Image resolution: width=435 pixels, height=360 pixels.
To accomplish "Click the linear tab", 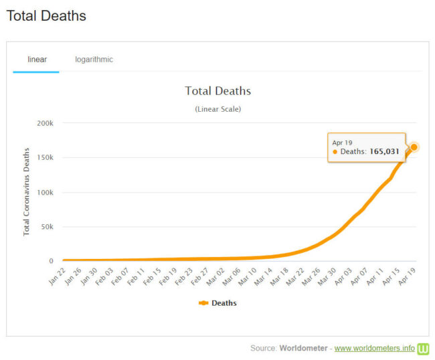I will point(36,60).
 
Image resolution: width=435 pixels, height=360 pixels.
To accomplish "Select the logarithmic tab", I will point(94,60).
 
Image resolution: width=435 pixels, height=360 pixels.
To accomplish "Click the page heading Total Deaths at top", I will point(46,15).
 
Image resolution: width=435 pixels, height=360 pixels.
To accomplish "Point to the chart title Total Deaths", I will point(217,91).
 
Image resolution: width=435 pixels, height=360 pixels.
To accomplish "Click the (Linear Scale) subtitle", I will point(217,108).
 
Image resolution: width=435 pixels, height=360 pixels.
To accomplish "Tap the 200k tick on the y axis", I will point(44,123).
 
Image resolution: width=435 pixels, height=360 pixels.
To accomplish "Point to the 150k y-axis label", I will point(44,158).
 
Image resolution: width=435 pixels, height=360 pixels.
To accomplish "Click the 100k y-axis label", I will point(44,193).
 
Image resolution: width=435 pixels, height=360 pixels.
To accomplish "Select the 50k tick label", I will point(46,227).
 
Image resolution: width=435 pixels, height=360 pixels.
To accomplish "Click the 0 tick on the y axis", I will point(51,262).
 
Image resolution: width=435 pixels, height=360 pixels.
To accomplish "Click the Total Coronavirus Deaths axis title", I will point(27,192).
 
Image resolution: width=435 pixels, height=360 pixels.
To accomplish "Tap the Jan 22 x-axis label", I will point(58,276).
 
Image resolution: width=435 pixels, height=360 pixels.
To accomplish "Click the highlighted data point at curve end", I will point(414,147).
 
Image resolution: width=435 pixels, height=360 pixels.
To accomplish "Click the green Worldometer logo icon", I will point(423,349).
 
